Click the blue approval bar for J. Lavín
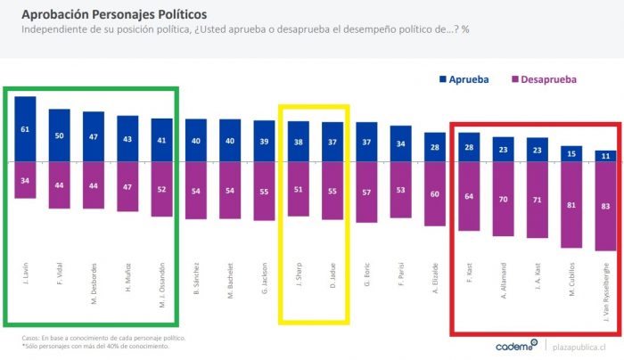pyautogui.click(x=25, y=129)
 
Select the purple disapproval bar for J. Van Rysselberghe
pyautogui.click(x=605, y=207)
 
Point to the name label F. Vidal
pyautogui.click(x=60, y=274)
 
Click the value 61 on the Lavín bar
pyautogui.click(x=25, y=129)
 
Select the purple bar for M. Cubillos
pyautogui.click(x=571, y=206)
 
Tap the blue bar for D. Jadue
pyautogui.click(x=333, y=143)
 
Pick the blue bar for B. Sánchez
pyautogui.click(x=196, y=141)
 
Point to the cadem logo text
pyautogui.click(x=514, y=345)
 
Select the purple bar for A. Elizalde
pyautogui.click(x=435, y=194)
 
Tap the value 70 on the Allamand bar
pyautogui.click(x=503, y=200)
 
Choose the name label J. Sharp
pyautogui.click(x=299, y=273)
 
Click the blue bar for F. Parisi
pyautogui.click(x=400, y=144)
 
